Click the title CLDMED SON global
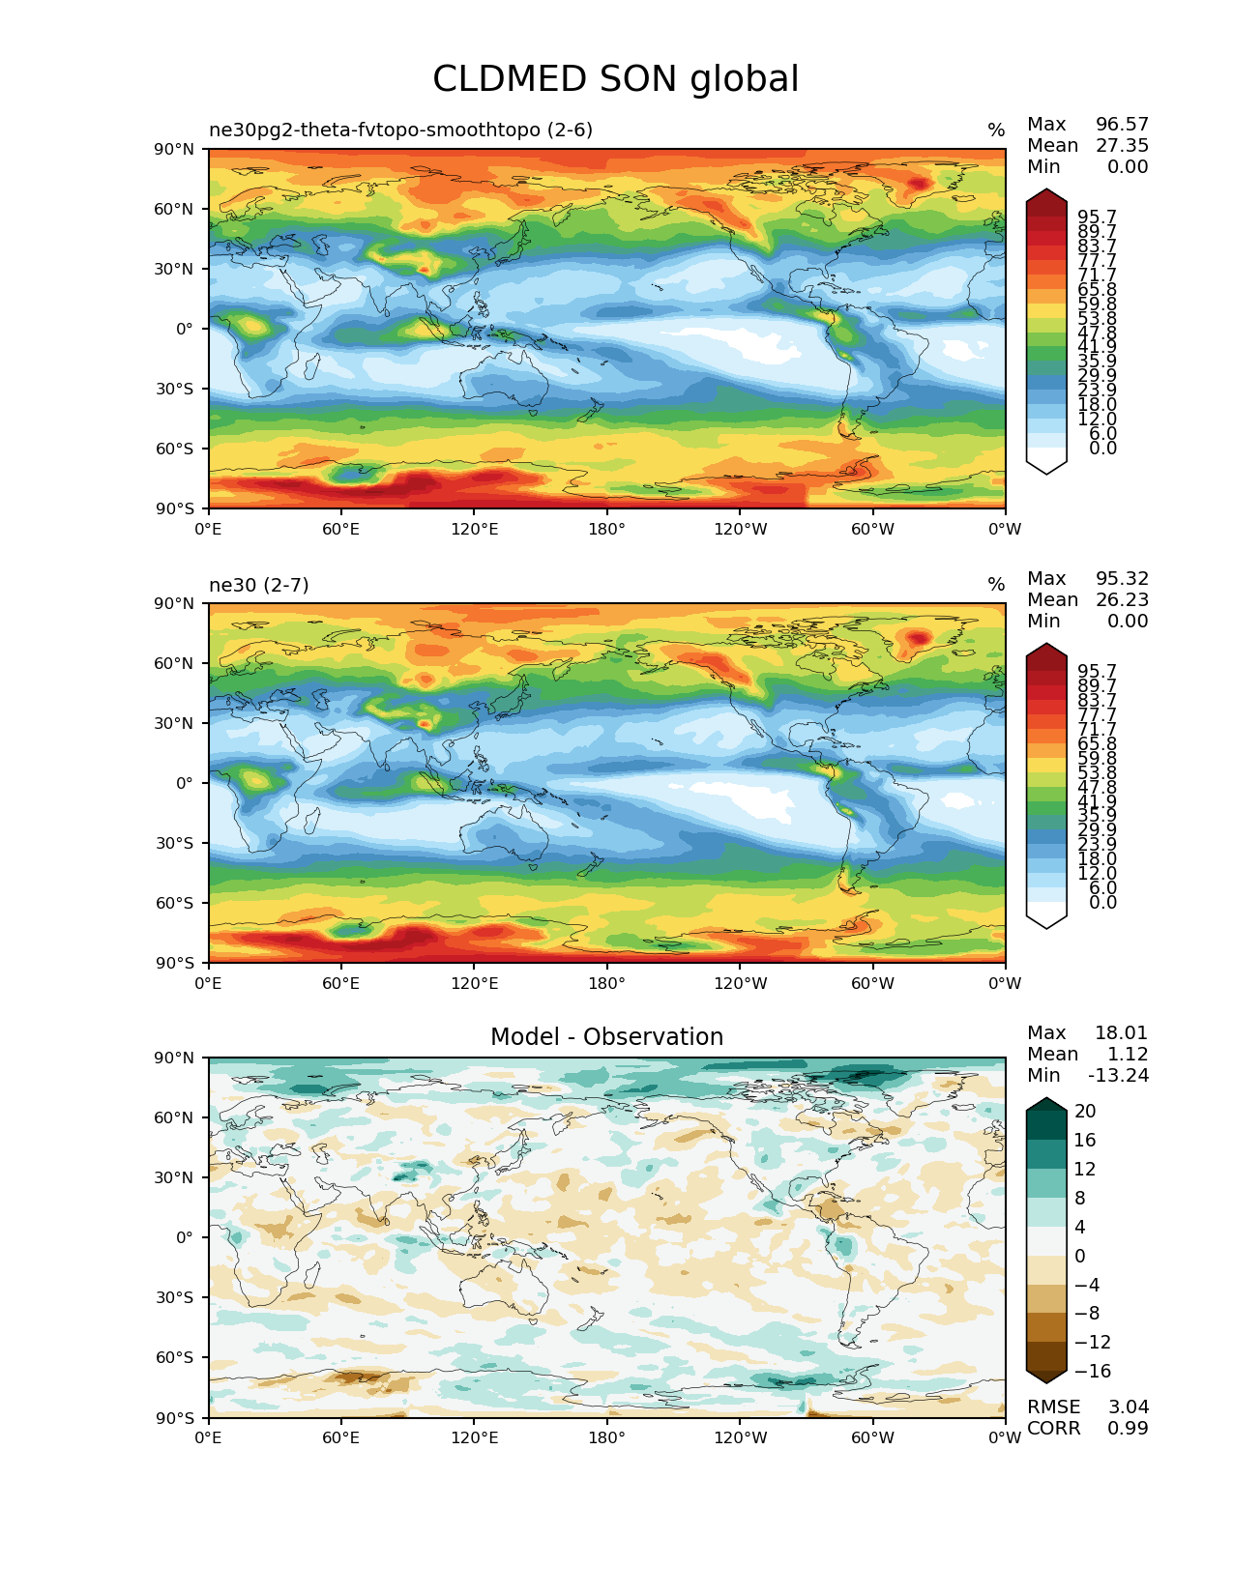(616, 79)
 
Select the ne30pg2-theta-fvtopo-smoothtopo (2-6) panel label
(400, 130)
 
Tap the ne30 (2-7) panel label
(259, 585)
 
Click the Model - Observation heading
(606, 1037)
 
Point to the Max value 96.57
(1122, 125)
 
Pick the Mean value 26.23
(1122, 600)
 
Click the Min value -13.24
(1118, 1076)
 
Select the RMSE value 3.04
(1128, 1407)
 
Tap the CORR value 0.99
(1128, 1429)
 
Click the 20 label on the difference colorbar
(1085, 1112)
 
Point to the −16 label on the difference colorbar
(1092, 1372)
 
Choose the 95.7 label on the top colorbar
(1097, 217)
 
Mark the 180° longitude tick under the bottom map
(606, 1438)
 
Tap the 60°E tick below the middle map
(340, 984)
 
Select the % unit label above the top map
(996, 130)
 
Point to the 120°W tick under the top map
(740, 530)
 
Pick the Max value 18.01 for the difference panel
(1121, 1033)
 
